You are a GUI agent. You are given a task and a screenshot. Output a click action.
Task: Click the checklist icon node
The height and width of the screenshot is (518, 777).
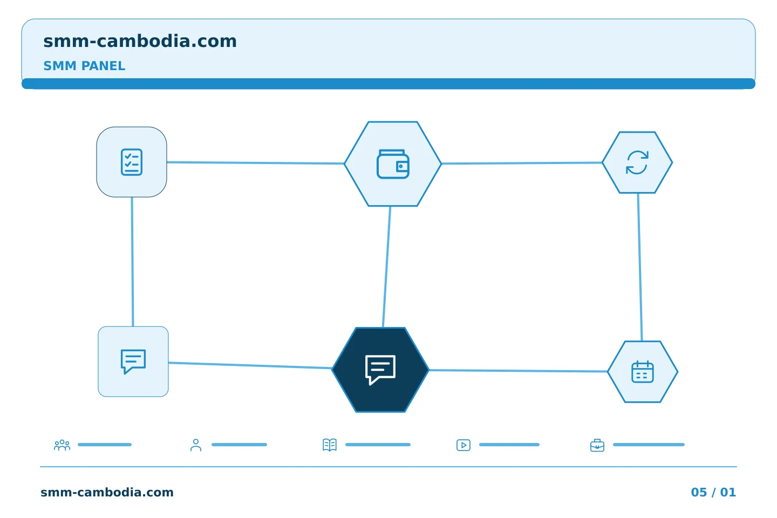pyautogui.click(x=132, y=162)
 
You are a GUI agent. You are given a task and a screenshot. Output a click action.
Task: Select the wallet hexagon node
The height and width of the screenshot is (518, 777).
pyautogui.click(x=393, y=163)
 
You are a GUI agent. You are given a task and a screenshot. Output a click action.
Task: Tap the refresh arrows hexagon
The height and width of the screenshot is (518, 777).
pyautogui.click(x=637, y=162)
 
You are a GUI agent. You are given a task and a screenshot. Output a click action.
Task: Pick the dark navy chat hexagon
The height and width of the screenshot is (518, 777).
pyautogui.click(x=380, y=370)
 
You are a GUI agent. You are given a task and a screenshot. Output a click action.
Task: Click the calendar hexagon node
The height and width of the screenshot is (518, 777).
pyautogui.click(x=643, y=372)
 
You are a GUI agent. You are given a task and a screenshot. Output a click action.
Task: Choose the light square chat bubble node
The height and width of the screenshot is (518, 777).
pyautogui.click(x=133, y=362)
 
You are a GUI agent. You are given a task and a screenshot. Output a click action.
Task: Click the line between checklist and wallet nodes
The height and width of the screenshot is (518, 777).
pyautogui.click(x=255, y=163)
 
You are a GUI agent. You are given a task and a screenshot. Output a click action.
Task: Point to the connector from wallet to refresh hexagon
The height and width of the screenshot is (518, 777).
pyautogui.click(x=522, y=163)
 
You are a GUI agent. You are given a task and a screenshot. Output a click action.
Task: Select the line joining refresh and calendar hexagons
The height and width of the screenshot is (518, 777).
pyautogui.click(x=640, y=267)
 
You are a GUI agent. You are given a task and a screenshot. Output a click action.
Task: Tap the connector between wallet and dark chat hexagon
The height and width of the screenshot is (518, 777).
pyautogui.click(x=387, y=267)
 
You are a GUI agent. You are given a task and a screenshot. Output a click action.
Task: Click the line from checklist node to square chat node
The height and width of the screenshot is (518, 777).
pyautogui.click(x=133, y=262)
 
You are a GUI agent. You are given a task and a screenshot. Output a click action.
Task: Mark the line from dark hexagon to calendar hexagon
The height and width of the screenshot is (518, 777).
pyautogui.click(x=518, y=371)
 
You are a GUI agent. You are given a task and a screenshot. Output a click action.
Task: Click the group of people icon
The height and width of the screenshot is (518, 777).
pyautogui.click(x=62, y=445)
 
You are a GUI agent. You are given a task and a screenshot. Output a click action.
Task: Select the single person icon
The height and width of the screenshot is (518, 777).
pyautogui.click(x=196, y=445)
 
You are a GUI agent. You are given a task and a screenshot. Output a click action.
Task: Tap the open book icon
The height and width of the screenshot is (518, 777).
pyautogui.click(x=330, y=445)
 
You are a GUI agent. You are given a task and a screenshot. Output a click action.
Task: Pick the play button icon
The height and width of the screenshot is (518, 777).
pyautogui.click(x=464, y=445)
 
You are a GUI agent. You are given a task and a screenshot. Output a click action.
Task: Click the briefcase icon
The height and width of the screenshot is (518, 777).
pyautogui.click(x=597, y=446)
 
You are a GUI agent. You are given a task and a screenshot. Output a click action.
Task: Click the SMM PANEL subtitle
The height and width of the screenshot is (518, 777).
pyautogui.click(x=84, y=66)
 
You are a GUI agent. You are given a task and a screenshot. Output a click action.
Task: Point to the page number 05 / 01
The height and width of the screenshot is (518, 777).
pyautogui.click(x=713, y=492)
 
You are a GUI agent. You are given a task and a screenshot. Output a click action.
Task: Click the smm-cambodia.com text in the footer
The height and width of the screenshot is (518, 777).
pyautogui.click(x=107, y=492)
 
